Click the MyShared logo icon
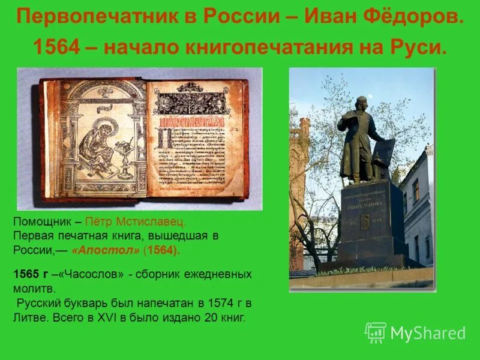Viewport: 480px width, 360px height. [376, 332]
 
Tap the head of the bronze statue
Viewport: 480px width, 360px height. [360, 102]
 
